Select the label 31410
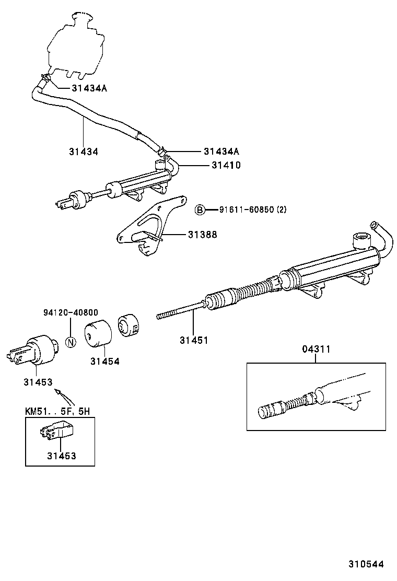pyautogui.click(x=226, y=165)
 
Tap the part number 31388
pyautogui.click(x=203, y=235)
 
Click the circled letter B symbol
pyautogui.click(x=200, y=210)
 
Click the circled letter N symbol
pyautogui.click(x=71, y=343)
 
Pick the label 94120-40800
pyautogui.click(x=71, y=313)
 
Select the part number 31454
pyautogui.click(x=104, y=361)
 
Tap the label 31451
pyautogui.click(x=194, y=340)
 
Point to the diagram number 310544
pyautogui.click(x=367, y=564)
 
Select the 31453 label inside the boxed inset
pyautogui.click(x=61, y=456)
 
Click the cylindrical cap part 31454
pyautogui.click(x=99, y=333)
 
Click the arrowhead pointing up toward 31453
pyautogui.click(x=58, y=392)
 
